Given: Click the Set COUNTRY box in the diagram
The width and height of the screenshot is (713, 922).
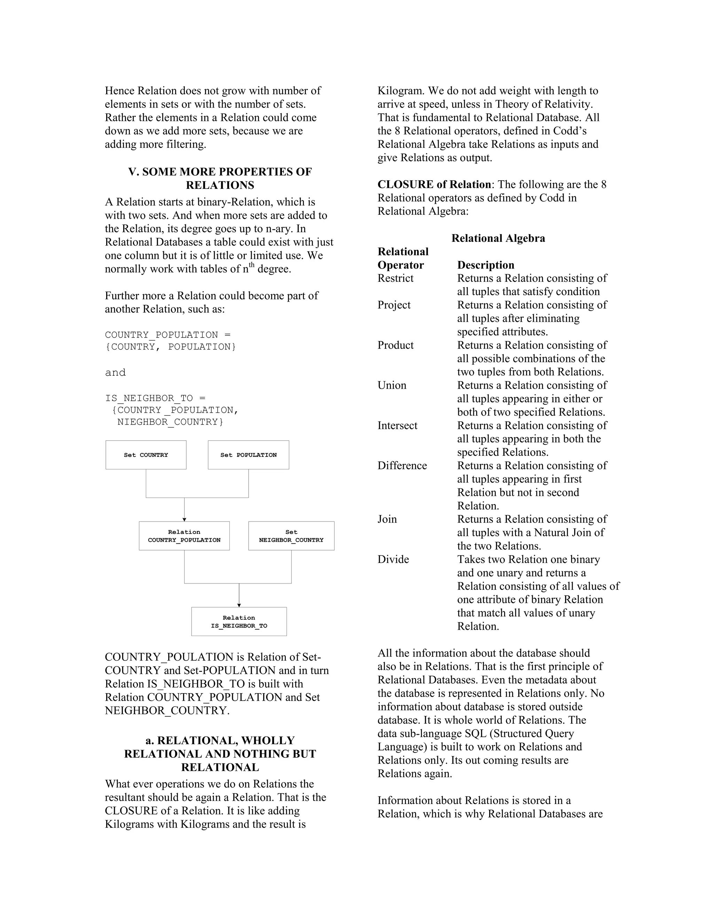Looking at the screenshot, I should point(146,455).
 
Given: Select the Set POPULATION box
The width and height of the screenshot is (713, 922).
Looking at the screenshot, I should point(248,455).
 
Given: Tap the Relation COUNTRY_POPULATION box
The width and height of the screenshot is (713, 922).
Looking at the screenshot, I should point(184,536).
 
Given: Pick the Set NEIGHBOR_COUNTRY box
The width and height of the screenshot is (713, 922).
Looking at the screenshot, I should point(291,536).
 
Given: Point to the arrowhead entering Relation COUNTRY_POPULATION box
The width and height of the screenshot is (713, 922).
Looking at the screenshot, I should point(184,519).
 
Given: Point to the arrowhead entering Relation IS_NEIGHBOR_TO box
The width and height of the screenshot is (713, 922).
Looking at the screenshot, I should point(239,605).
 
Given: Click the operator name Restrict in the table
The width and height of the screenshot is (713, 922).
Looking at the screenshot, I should point(395,278).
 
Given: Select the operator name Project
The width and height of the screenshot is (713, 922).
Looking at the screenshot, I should point(394,305).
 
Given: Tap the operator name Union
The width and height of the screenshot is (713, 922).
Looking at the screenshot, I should point(392,385).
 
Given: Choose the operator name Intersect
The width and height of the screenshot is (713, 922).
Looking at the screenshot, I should point(397,425).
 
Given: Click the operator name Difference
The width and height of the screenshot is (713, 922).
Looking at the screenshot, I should point(402,465).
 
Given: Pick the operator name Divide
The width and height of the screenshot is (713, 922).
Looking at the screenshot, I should point(393,559).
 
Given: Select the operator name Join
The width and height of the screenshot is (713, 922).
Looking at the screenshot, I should point(387,519).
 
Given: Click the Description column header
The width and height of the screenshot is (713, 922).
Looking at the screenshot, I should point(485,265).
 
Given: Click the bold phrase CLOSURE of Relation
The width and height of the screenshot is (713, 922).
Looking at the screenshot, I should point(434,184).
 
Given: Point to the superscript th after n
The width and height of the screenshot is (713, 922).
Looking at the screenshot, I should point(252,265).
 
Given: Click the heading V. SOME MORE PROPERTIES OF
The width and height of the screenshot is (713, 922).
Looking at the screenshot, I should point(220,172).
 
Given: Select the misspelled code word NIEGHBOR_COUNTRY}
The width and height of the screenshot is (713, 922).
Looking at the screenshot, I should point(170,422).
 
